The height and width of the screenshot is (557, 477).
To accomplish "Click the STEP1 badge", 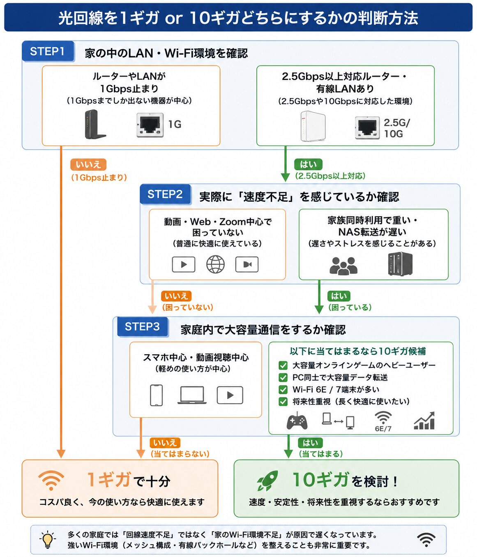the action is click(x=48, y=51).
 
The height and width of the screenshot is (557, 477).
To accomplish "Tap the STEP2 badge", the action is click(x=165, y=194).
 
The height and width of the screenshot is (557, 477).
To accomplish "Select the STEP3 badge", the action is click(x=142, y=327).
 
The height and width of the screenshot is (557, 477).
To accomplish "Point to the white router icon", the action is click(x=313, y=126).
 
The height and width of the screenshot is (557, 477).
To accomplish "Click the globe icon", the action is click(x=215, y=264).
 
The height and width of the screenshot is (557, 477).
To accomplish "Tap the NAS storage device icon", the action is click(x=400, y=264).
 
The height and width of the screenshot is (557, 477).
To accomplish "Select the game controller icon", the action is click(x=297, y=421).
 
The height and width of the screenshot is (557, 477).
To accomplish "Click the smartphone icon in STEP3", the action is click(x=156, y=395).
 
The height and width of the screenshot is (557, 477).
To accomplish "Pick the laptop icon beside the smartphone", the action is click(x=192, y=395).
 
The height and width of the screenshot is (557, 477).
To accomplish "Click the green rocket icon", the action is click(x=267, y=481).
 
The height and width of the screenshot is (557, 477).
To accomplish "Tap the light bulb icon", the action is click(x=47, y=539).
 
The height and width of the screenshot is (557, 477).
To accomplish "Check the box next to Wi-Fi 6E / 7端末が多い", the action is click(x=283, y=390).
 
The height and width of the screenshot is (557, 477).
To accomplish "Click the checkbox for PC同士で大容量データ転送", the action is click(x=283, y=377).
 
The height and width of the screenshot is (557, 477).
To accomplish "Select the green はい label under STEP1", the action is click(x=308, y=164).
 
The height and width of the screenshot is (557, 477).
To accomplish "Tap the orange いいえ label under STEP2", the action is click(x=176, y=296).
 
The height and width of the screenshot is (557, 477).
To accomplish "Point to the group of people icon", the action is click(x=343, y=266).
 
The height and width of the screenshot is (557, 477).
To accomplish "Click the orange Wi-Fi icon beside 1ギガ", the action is click(x=51, y=481).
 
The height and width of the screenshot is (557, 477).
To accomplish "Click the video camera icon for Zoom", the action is click(x=247, y=264).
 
